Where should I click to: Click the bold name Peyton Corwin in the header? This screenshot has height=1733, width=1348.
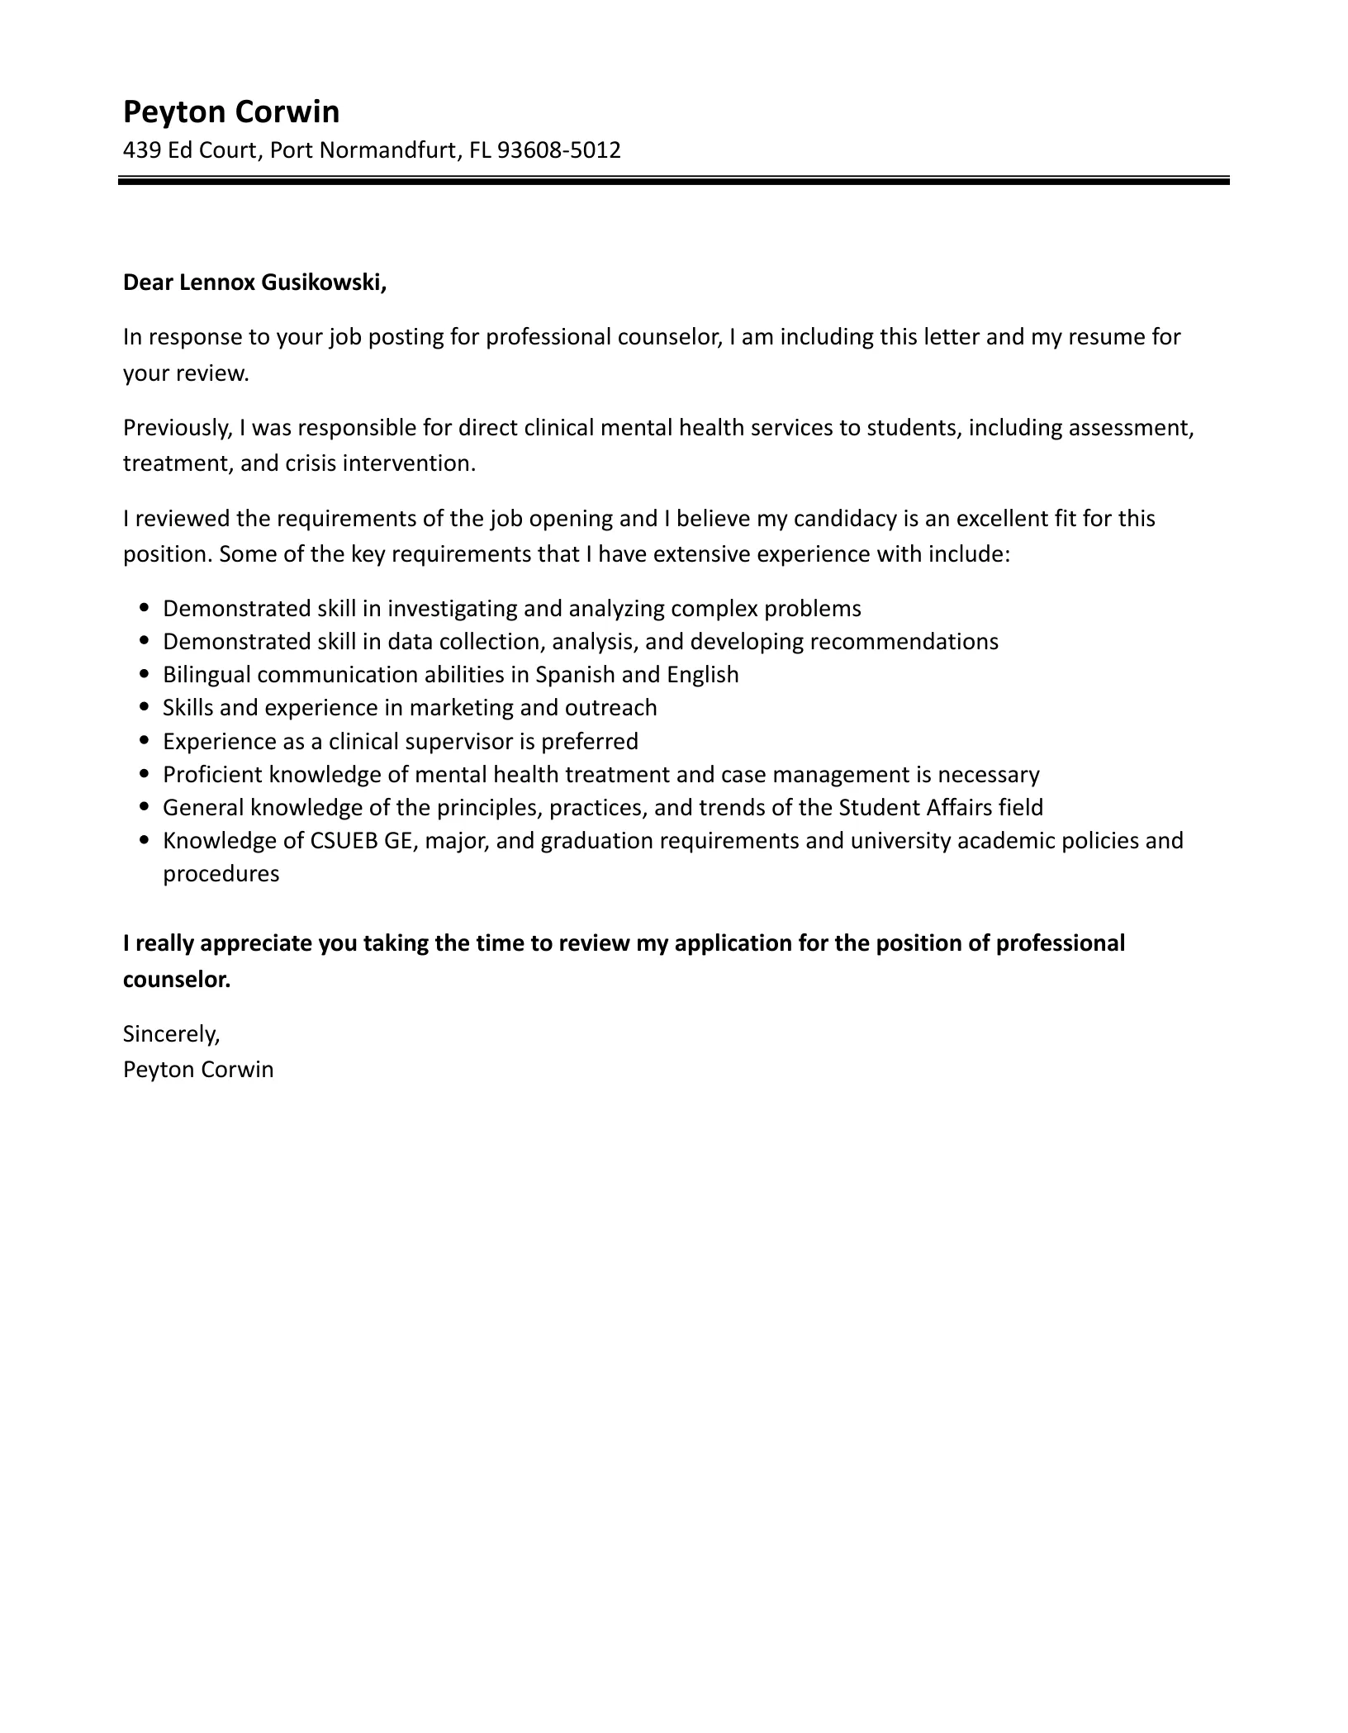click(x=231, y=112)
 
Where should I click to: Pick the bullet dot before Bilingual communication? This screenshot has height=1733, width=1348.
click(x=145, y=675)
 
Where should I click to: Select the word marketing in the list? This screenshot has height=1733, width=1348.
click(x=472, y=708)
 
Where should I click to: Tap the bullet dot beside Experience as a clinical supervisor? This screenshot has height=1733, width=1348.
click(x=145, y=742)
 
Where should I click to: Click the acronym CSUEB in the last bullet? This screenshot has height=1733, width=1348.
click(x=338, y=841)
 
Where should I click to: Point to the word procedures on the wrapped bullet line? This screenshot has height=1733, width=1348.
click(x=221, y=874)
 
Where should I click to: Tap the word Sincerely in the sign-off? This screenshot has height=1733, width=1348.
click(x=171, y=1033)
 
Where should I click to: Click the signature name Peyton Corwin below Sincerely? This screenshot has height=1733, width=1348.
click(x=198, y=1070)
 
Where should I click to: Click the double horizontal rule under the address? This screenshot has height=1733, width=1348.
click(x=674, y=180)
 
